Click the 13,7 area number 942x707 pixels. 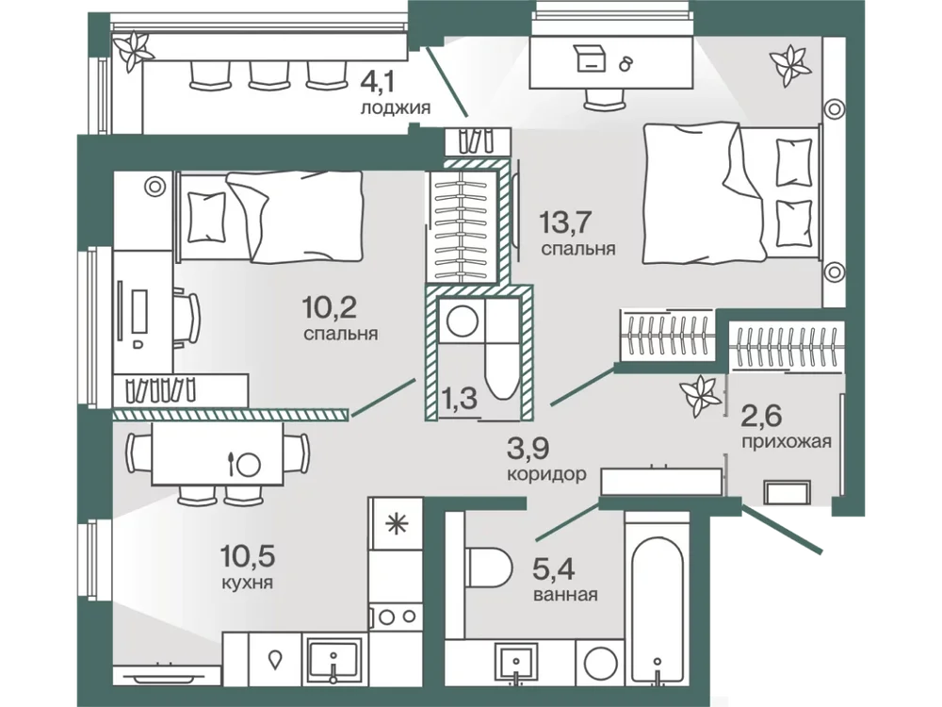click(565, 222)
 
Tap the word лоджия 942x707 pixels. click(396, 108)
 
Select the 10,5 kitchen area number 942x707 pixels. click(248, 557)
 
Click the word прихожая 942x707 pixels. click(787, 442)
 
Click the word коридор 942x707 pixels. click(546, 474)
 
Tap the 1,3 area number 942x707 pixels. click(459, 398)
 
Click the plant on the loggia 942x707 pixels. click(134, 51)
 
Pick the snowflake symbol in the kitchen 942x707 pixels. click(396, 524)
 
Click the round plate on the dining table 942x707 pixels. click(248, 465)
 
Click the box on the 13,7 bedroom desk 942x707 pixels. click(590, 58)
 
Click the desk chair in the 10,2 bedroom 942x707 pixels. click(187, 318)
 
